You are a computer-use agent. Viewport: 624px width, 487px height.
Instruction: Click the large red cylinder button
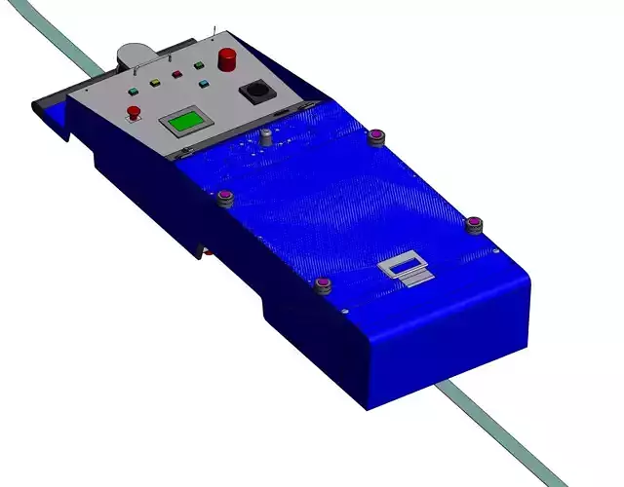228,58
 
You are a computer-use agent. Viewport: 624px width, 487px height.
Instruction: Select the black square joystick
258,92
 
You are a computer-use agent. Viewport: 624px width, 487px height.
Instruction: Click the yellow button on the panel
153,82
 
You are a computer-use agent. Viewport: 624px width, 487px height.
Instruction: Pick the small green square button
199,66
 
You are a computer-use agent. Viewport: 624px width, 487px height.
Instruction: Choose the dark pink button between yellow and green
176,74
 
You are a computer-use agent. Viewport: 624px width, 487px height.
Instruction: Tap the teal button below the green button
203,84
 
